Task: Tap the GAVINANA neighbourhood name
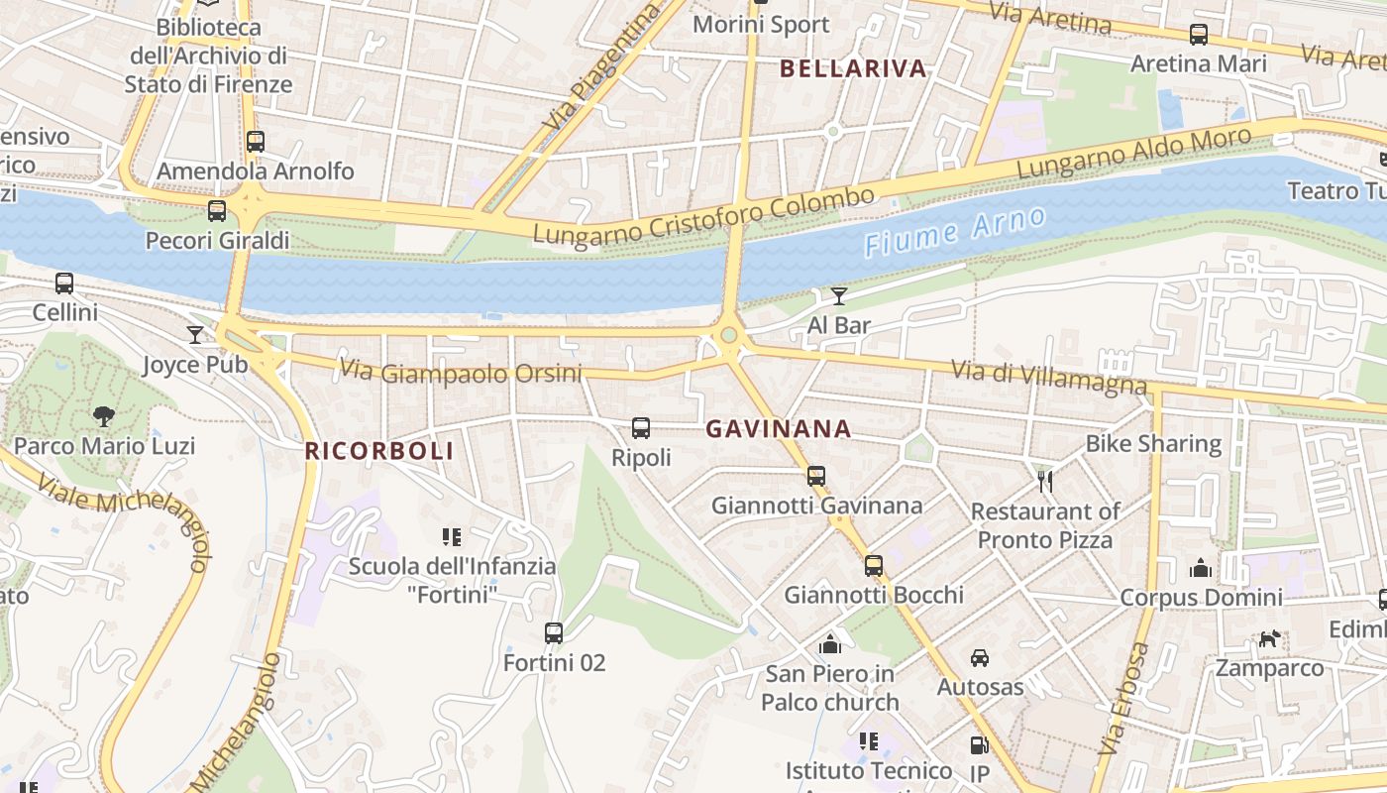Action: (x=778, y=429)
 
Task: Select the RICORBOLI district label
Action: (x=378, y=451)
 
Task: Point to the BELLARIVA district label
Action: (x=853, y=68)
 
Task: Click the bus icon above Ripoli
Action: (x=641, y=428)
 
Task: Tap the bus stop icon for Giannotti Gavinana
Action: (x=815, y=476)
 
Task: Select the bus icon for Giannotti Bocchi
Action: (x=873, y=566)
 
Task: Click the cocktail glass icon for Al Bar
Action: (x=839, y=295)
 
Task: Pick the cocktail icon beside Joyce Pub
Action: (x=195, y=335)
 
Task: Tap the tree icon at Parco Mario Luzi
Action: (x=102, y=416)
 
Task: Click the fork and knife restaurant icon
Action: (x=1044, y=482)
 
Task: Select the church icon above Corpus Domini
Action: (x=1200, y=568)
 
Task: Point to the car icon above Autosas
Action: (x=979, y=658)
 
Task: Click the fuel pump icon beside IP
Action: (x=979, y=745)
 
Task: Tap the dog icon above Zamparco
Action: (x=1269, y=639)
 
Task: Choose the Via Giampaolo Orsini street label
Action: (x=461, y=373)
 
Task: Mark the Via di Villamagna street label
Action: (x=1048, y=377)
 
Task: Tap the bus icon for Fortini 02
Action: (x=554, y=632)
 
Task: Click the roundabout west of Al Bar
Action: (x=729, y=336)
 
